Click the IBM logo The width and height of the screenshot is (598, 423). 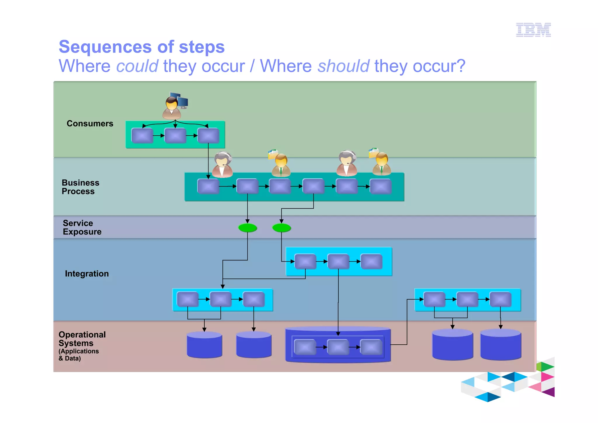point(533,30)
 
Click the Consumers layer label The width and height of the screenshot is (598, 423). point(90,123)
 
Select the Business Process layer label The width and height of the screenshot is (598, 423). point(80,187)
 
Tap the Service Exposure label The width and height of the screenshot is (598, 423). point(82,227)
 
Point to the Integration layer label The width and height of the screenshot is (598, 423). point(87,274)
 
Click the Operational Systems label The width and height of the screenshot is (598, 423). point(82,339)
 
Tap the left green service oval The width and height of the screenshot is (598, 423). point(248,228)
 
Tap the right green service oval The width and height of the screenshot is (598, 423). point(281,228)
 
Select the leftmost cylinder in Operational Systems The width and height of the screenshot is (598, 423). point(204,345)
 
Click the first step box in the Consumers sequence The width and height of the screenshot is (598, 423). point(142,136)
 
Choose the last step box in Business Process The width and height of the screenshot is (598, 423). point(380,187)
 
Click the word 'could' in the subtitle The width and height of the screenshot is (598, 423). point(137,66)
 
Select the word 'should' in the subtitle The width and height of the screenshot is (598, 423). point(343,66)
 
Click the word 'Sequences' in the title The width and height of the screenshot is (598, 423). point(105,47)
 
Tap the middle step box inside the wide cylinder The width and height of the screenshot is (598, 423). point(338,347)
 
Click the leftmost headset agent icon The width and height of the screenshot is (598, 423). point(222,165)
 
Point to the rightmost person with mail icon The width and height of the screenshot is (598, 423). point(381,162)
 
